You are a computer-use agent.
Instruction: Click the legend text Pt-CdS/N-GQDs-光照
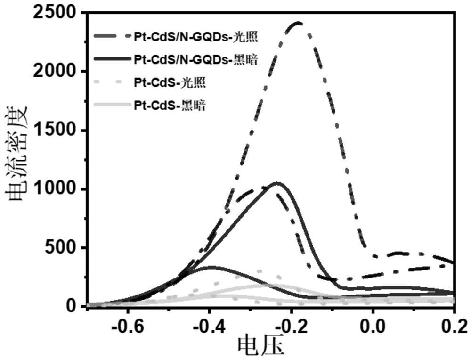(x=195, y=35)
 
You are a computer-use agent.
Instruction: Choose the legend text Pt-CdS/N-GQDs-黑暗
(x=195, y=59)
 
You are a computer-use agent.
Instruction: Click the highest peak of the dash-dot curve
(x=298, y=22)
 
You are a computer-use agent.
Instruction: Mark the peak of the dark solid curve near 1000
(x=278, y=183)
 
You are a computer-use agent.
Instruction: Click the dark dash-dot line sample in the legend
(x=112, y=35)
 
